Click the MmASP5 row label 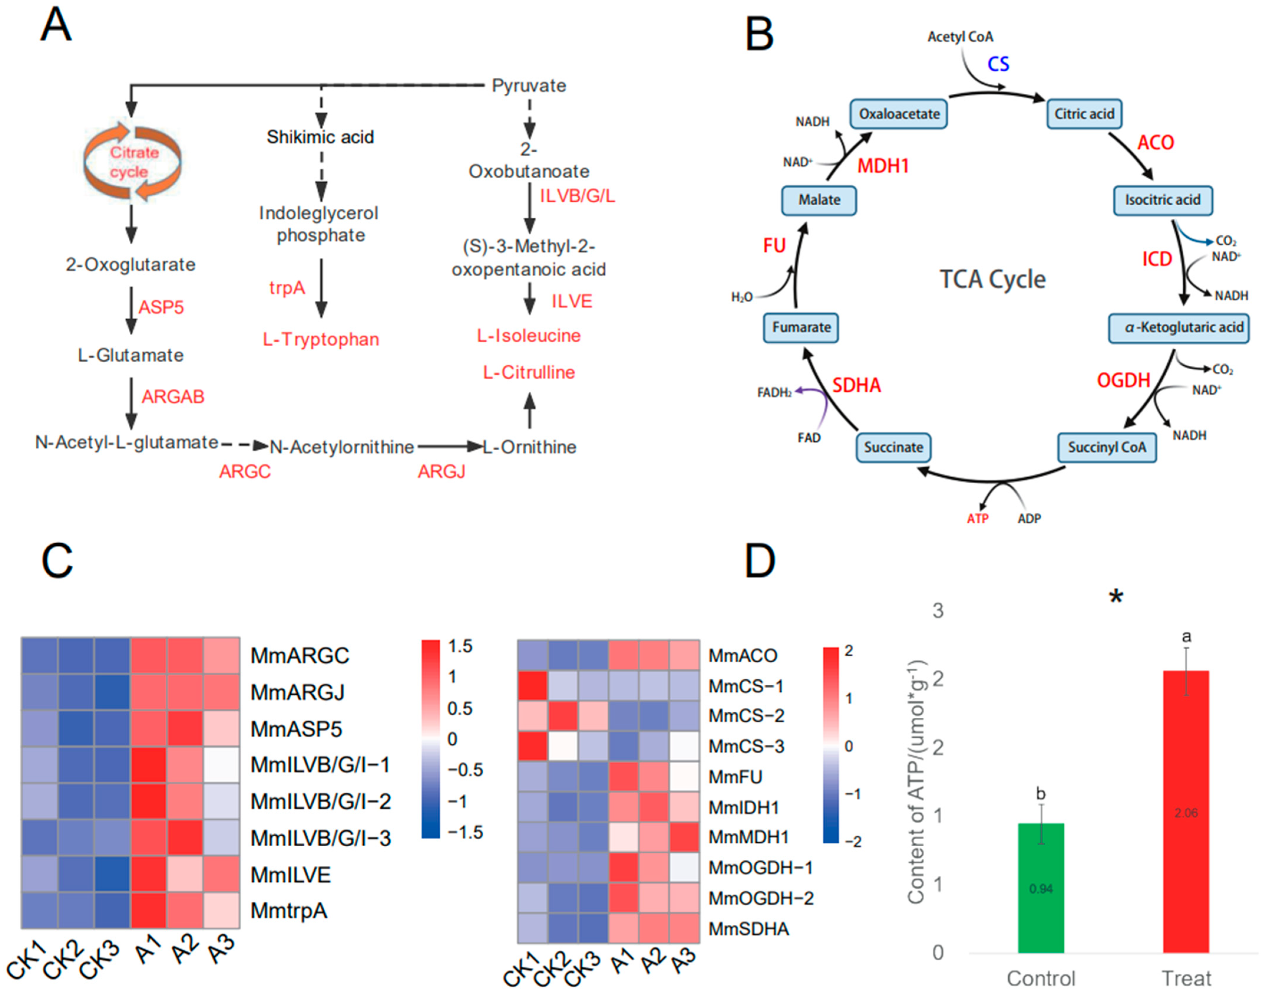tap(296, 729)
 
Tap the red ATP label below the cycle tap(977, 519)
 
